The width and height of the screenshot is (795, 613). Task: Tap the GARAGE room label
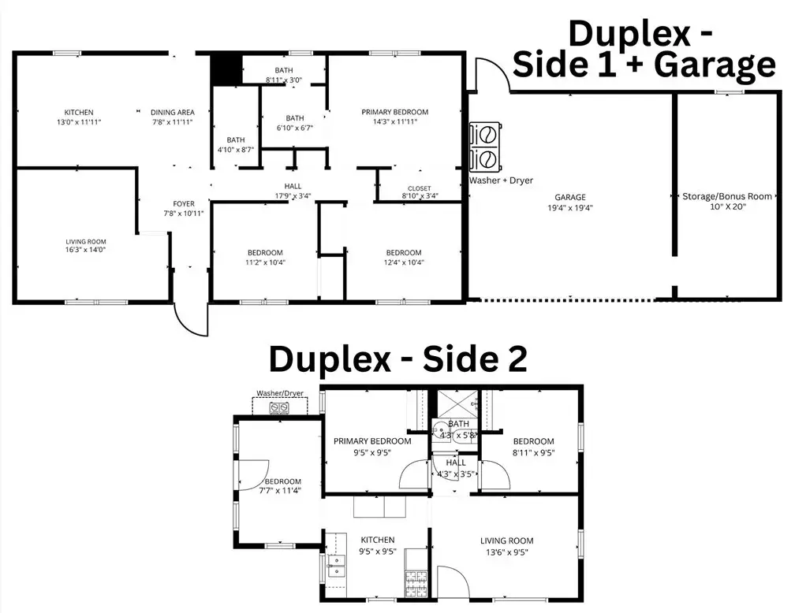click(569, 202)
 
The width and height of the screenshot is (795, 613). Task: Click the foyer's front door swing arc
click(191, 319)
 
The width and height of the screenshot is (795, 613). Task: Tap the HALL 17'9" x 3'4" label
click(293, 191)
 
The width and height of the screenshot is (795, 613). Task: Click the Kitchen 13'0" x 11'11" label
click(79, 117)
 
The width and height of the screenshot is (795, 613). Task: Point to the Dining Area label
click(173, 117)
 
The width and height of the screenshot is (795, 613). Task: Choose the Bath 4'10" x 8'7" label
click(236, 144)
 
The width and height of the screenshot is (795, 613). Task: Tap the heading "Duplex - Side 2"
click(397, 359)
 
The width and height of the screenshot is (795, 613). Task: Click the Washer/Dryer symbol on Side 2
click(279, 407)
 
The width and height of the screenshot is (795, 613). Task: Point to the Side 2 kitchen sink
click(337, 566)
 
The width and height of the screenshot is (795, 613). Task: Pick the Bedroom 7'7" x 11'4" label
click(282, 486)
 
